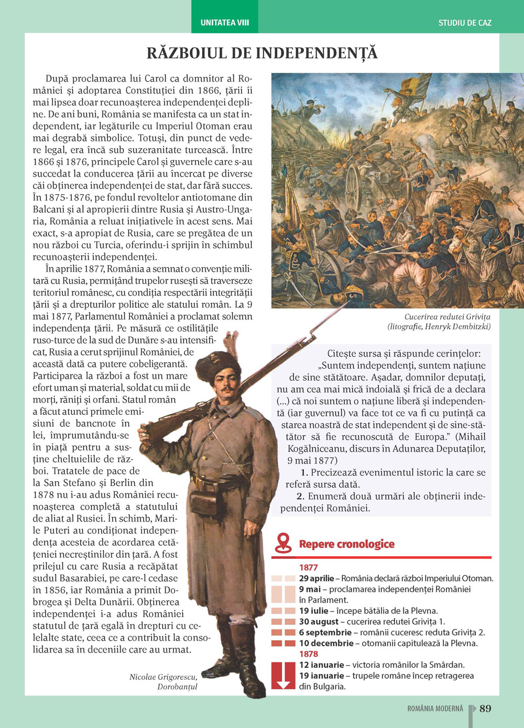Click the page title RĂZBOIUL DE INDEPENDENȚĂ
click(x=262, y=53)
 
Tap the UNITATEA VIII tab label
click(x=224, y=23)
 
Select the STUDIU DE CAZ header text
click(x=465, y=23)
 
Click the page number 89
click(x=485, y=708)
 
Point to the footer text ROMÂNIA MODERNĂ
click(x=435, y=709)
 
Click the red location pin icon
click(x=283, y=542)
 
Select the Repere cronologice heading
click(x=346, y=544)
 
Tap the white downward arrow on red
click(x=283, y=676)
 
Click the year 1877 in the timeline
click(x=309, y=567)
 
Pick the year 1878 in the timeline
click(x=309, y=654)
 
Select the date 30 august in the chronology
click(x=319, y=622)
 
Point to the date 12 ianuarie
click(x=321, y=665)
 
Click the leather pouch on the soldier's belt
click(x=208, y=501)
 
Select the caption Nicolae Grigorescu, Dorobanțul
click(x=163, y=681)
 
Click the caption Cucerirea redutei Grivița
click(x=447, y=317)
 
